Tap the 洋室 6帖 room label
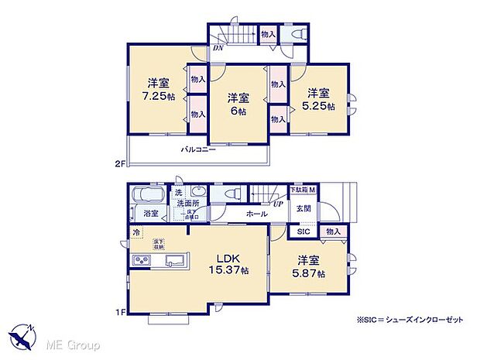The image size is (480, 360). pos(238,104)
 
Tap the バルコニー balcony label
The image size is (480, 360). pos(198,149)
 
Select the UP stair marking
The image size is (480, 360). pos(277,204)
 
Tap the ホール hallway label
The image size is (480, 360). pos(257,214)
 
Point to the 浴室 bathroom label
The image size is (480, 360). pos(149,214)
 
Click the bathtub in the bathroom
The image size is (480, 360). pos(147,195)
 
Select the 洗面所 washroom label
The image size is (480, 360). pos(190,204)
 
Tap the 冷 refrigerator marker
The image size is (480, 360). pos(136,232)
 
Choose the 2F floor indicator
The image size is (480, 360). pos(119,163)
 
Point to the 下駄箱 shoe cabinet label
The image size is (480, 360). pos(299,190)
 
